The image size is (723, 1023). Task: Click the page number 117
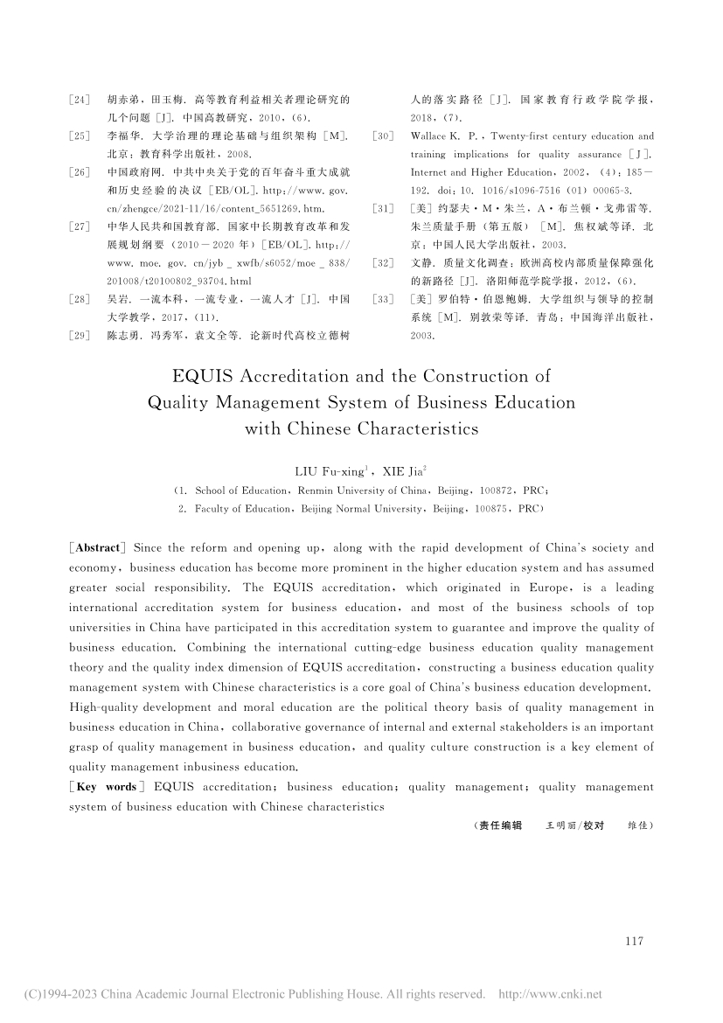point(634,942)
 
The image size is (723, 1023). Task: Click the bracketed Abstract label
point(98,548)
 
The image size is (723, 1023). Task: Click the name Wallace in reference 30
point(429,136)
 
